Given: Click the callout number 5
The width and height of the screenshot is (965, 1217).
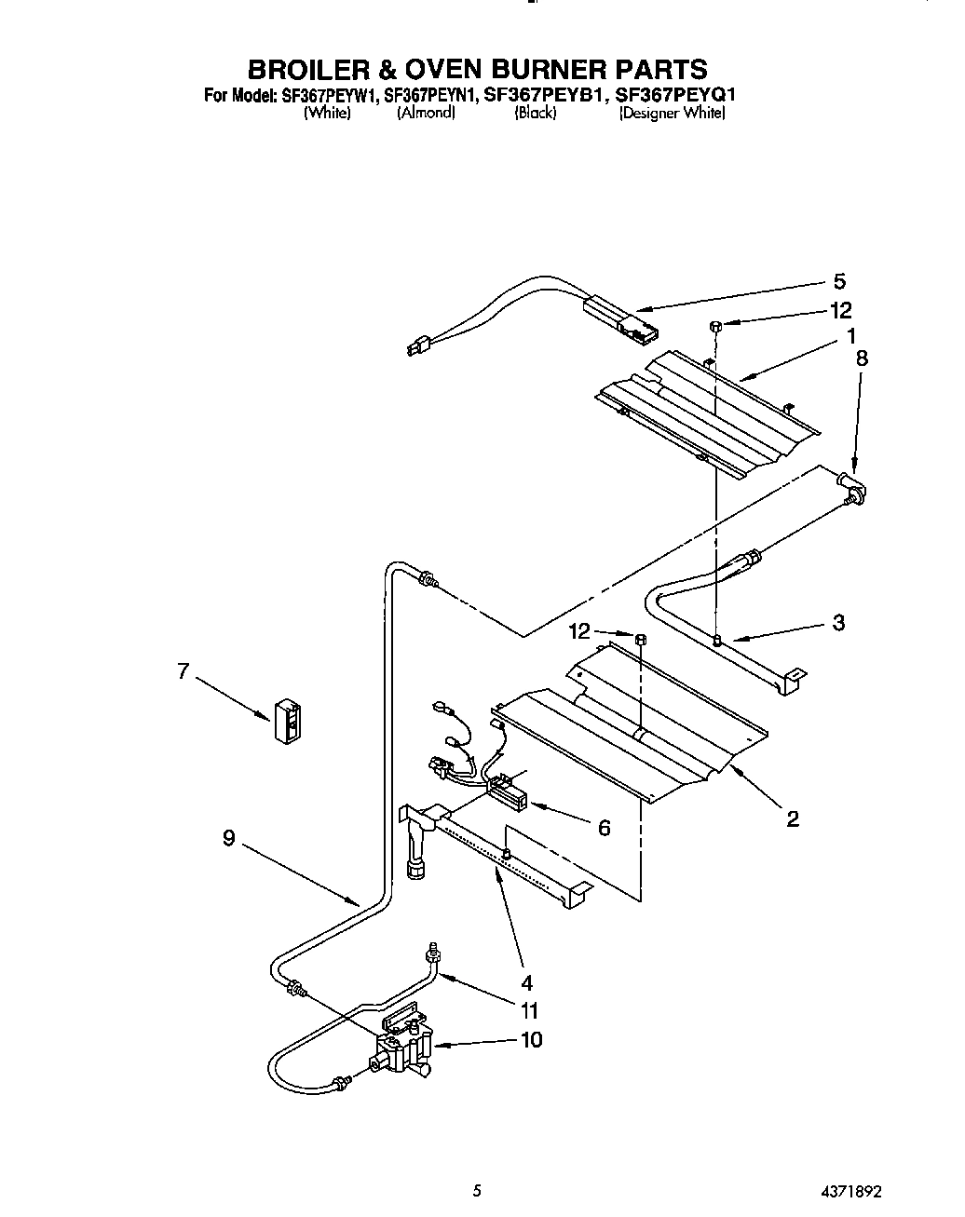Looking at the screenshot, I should point(839,281).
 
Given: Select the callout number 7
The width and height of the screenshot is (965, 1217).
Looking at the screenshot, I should point(183,669).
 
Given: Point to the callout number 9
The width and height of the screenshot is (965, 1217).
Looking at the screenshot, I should point(228,838).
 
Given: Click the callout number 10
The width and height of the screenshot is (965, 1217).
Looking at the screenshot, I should point(531,1040).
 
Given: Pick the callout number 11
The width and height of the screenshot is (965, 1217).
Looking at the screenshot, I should point(529,1010).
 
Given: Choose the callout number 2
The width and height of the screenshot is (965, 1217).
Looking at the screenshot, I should point(792,819).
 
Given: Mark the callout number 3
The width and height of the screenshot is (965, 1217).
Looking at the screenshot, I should point(838,623).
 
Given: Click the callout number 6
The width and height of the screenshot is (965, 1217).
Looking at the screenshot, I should point(604,827).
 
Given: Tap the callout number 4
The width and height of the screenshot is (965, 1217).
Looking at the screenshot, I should point(526,981).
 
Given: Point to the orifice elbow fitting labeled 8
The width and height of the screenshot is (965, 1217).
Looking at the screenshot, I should point(851,487).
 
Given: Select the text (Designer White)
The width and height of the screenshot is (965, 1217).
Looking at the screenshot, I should point(672,113).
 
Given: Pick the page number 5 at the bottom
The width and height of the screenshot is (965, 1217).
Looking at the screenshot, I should point(477,1190).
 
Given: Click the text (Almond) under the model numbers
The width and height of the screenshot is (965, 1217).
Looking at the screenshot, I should point(426,113).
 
